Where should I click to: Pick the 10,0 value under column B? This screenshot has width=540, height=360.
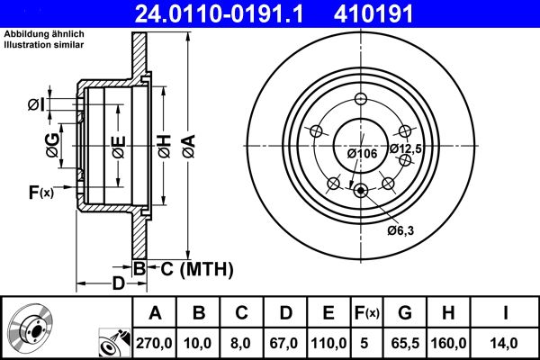[199, 342]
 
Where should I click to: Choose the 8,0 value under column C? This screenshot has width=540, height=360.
[241, 342]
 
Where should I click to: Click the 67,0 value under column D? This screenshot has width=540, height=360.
[285, 342]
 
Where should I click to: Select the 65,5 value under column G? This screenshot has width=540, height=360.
[404, 342]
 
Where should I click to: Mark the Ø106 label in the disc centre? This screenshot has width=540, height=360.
[361, 153]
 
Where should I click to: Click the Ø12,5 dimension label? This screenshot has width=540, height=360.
[406, 148]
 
